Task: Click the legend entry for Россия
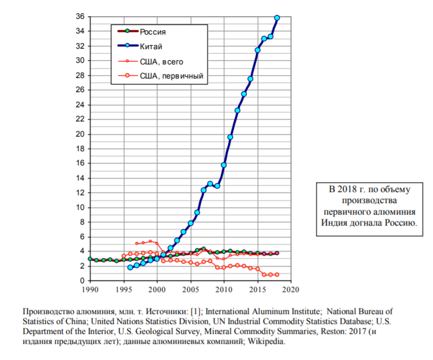[153, 32]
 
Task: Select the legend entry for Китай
[151, 47]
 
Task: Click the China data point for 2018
[277, 18]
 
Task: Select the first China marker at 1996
[130, 267]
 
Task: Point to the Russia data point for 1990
[90, 258]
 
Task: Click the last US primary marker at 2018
[277, 274]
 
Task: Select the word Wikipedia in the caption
[268, 342]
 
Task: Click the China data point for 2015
[257, 50]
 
